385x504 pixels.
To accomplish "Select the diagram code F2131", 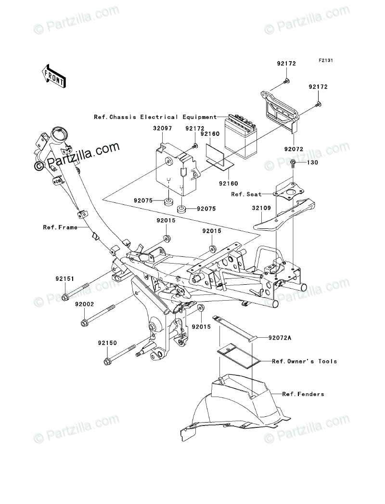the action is pyautogui.click(x=317, y=60).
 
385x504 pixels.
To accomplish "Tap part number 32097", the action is pyautogui.click(x=162, y=128).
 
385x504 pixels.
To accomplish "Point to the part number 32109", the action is pyautogui.click(x=261, y=208).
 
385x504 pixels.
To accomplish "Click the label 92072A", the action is pyautogui.click(x=280, y=338).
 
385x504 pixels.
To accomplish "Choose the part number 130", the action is pyautogui.click(x=312, y=163).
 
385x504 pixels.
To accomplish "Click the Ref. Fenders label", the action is pyautogui.click(x=303, y=394).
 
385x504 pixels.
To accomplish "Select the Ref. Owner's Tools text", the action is pyautogui.click(x=305, y=361).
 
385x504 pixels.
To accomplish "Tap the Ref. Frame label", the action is pyautogui.click(x=60, y=227).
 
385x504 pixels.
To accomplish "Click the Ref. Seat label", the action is pyautogui.click(x=246, y=195).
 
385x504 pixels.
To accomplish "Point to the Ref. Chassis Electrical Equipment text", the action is pyautogui.click(x=155, y=117).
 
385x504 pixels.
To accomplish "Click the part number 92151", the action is pyautogui.click(x=64, y=279).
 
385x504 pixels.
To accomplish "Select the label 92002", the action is pyautogui.click(x=84, y=304).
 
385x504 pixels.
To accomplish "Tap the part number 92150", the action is pyautogui.click(x=108, y=343).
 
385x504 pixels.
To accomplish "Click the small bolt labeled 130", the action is pyautogui.click(x=293, y=164).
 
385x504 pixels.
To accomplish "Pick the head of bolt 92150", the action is pyautogui.click(x=107, y=361).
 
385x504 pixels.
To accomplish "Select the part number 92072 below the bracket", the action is pyautogui.click(x=294, y=149).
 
